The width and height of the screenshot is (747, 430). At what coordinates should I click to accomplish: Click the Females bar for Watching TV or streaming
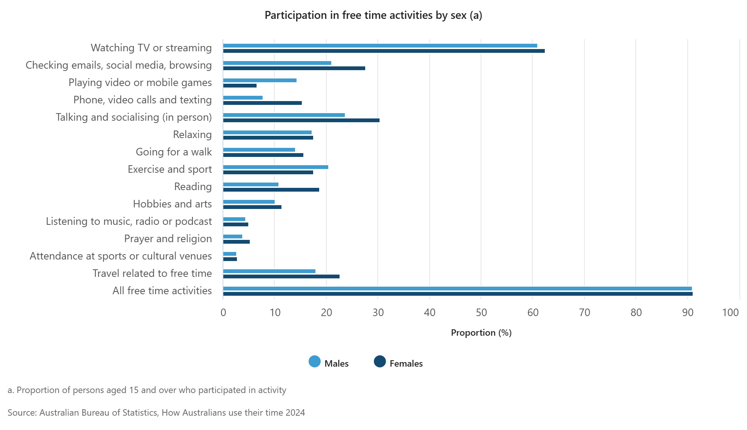pos(384,51)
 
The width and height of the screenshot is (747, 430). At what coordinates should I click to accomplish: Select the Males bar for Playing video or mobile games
pos(260,80)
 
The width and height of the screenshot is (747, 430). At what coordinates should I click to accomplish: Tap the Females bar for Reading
pos(271,190)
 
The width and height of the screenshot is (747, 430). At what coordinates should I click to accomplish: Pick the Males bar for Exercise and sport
pos(275,167)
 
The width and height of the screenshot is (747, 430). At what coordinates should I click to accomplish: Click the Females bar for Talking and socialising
pos(301,120)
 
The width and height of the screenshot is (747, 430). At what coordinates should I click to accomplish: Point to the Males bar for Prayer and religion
pos(232,236)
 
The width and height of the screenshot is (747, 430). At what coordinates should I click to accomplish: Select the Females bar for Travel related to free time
pos(281,276)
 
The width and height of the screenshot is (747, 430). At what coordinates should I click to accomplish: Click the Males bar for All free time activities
pos(457,289)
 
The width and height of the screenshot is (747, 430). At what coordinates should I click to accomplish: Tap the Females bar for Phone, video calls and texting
pos(262,103)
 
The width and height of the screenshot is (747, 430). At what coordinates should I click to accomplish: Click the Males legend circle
pos(315,362)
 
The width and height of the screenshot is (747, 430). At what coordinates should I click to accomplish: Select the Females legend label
pos(406,364)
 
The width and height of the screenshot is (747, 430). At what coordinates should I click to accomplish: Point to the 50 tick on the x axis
pos(481,312)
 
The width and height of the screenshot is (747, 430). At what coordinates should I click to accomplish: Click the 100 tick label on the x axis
pos(730,312)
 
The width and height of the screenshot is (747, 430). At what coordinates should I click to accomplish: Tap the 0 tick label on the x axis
pos(223,312)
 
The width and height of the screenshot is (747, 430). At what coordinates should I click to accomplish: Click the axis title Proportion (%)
pos(481,333)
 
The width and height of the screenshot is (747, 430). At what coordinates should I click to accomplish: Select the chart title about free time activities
pos(373,15)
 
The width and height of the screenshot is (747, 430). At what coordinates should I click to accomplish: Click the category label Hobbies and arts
pos(172,204)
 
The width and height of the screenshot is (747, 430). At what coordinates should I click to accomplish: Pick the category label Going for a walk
pos(174,152)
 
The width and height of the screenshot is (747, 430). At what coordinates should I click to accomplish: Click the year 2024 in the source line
pos(295,413)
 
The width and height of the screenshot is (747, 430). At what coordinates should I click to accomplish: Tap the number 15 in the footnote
pos(134,390)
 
